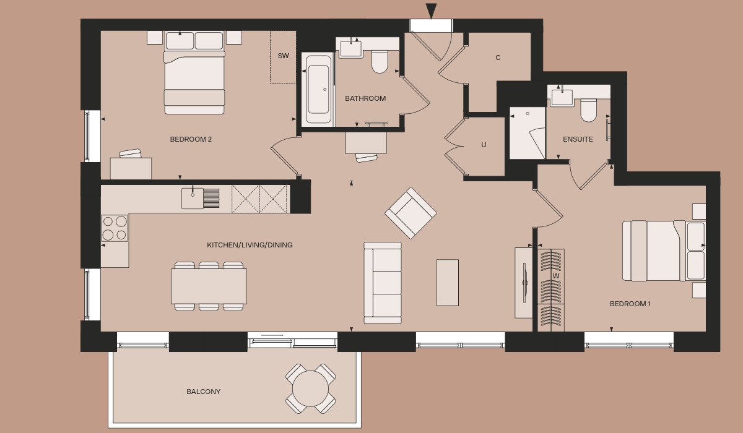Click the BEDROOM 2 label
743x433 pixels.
click(x=191, y=139)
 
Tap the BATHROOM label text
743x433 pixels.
click(x=365, y=98)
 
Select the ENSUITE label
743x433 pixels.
click(x=578, y=139)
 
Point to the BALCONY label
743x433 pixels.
click(x=203, y=392)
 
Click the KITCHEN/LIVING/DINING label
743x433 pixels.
click(x=250, y=245)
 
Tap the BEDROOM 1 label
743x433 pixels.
click(x=630, y=304)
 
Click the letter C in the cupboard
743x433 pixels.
click(x=498, y=58)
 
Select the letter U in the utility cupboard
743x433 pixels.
click(x=484, y=145)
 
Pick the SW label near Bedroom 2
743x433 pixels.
click(x=284, y=56)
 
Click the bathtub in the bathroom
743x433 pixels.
click(x=318, y=89)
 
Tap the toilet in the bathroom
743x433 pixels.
click(x=380, y=62)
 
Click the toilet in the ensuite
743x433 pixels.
click(x=588, y=110)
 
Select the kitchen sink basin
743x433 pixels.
click(x=193, y=199)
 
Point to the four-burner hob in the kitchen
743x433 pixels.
click(x=115, y=228)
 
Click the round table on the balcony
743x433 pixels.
click(x=310, y=388)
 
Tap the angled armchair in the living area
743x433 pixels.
click(x=411, y=213)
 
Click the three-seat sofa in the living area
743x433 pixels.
click(x=383, y=283)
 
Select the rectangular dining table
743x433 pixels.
click(x=209, y=286)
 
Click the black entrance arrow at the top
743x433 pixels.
click(x=431, y=11)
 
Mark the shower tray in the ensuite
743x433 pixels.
click(x=527, y=133)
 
